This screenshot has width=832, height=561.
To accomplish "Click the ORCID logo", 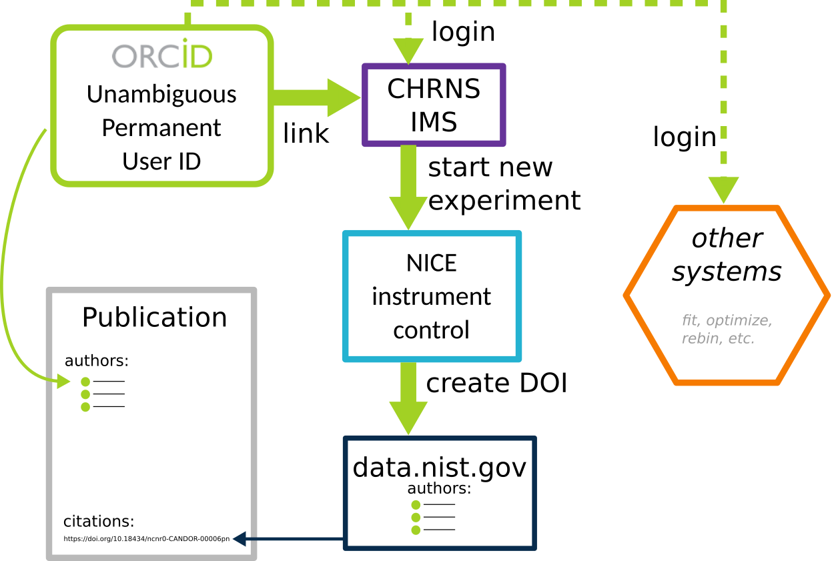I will pyautogui.click(x=161, y=56).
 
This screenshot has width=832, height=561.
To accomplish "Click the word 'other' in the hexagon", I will pyautogui.click(x=726, y=239).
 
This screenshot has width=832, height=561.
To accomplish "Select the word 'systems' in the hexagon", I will pyautogui.click(x=726, y=272).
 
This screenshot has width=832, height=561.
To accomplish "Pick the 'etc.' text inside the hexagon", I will pyautogui.click(x=741, y=338).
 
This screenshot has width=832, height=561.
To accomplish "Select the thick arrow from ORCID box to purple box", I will pyautogui.click(x=316, y=97).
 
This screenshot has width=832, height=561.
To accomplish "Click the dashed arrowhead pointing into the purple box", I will pyautogui.click(x=408, y=51).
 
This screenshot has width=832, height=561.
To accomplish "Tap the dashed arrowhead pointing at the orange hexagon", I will pyautogui.click(x=723, y=189).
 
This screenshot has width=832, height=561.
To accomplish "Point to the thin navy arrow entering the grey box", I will pyautogui.click(x=287, y=539).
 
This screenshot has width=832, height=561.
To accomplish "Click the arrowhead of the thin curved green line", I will pyautogui.click(x=63, y=382).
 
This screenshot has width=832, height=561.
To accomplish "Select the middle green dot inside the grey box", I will pyautogui.click(x=85, y=394).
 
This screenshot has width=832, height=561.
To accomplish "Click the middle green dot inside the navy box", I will pyautogui.click(x=416, y=518).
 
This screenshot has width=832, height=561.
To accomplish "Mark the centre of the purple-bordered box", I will pyautogui.click(x=434, y=105).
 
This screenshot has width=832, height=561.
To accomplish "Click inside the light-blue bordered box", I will pyautogui.click(x=432, y=296).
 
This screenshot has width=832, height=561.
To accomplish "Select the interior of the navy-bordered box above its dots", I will pyautogui.click(x=440, y=467).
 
